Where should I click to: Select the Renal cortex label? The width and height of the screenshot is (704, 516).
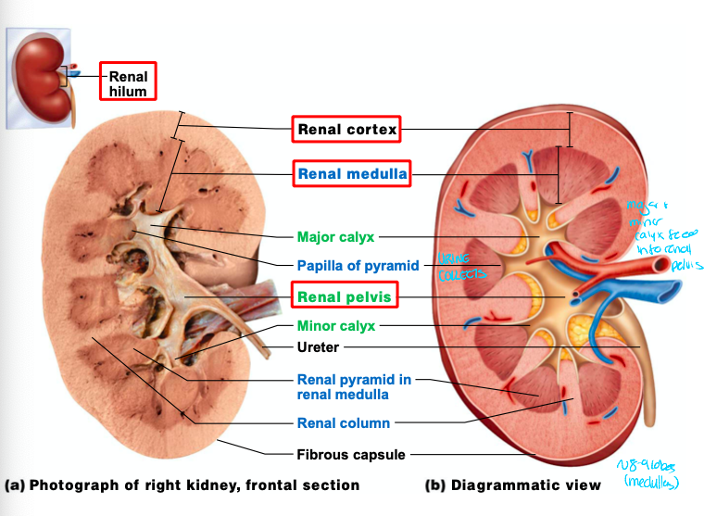[x=346, y=130]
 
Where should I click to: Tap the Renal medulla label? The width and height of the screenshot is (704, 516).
[x=351, y=173]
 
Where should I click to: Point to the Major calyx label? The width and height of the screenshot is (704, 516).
[x=335, y=237]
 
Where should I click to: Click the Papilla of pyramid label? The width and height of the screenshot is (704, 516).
[x=358, y=265]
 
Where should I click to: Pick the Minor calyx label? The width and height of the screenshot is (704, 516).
[x=335, y=326]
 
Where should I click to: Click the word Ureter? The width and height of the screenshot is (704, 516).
[x=318, y=347]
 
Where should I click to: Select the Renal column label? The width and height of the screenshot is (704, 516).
[x=343, y=423]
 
